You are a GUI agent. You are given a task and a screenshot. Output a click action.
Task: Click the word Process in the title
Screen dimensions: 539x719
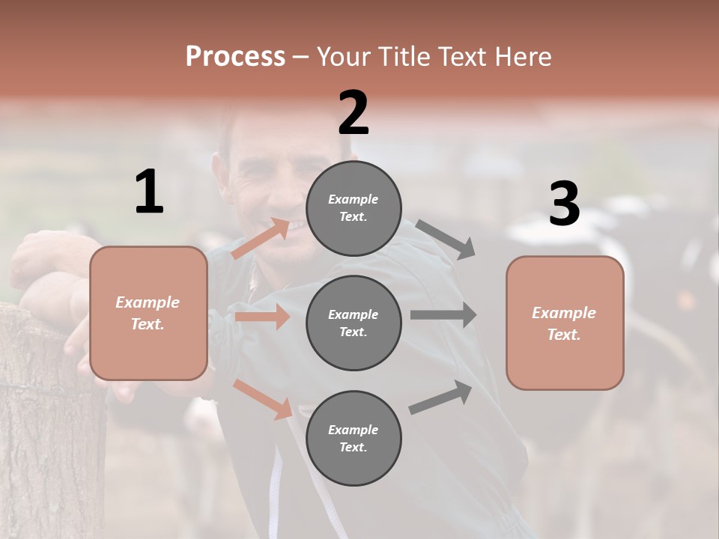(235, 57)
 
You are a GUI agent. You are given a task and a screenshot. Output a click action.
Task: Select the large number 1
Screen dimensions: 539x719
(149, 192)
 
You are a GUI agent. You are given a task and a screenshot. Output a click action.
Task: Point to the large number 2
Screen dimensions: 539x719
(354, 113)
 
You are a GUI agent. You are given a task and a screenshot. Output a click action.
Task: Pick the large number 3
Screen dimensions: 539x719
(564, 204)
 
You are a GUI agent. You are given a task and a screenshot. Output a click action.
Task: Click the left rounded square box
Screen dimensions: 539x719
(148, 313)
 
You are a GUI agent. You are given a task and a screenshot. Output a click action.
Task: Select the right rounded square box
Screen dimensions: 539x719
(565, 323)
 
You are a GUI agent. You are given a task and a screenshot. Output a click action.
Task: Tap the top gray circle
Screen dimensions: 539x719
(354, 207)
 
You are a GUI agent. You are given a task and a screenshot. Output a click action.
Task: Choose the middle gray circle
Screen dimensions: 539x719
(354, 323)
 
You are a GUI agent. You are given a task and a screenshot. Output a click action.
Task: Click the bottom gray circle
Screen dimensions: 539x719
(354, 438)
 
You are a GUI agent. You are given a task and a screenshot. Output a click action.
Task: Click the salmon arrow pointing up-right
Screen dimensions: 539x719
(261, 238)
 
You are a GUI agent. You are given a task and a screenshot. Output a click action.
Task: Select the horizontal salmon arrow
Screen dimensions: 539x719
(262, 317)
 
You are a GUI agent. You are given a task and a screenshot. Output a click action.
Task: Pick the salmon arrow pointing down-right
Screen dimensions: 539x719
(262, 399)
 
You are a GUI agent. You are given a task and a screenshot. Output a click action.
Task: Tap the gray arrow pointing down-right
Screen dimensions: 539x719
(446, 239)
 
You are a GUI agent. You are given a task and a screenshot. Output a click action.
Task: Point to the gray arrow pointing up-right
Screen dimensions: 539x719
(440, 398)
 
